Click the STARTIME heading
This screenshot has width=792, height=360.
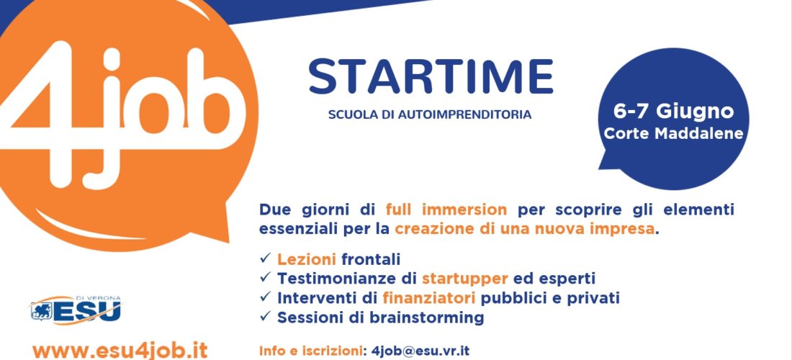pos(431,77)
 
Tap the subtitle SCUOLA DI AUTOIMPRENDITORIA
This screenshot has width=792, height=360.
pos(430,115)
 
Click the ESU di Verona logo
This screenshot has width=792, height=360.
pos(76,310)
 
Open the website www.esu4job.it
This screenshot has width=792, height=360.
pos(120,351)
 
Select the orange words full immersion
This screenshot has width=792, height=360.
pos(446,209)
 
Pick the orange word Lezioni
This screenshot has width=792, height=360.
pos(307,259)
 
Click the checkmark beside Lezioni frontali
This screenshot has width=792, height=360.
pos(266,258)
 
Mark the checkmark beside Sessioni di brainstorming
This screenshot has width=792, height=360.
pos(266,317)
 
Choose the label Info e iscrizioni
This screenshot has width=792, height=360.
pos(310,351)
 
